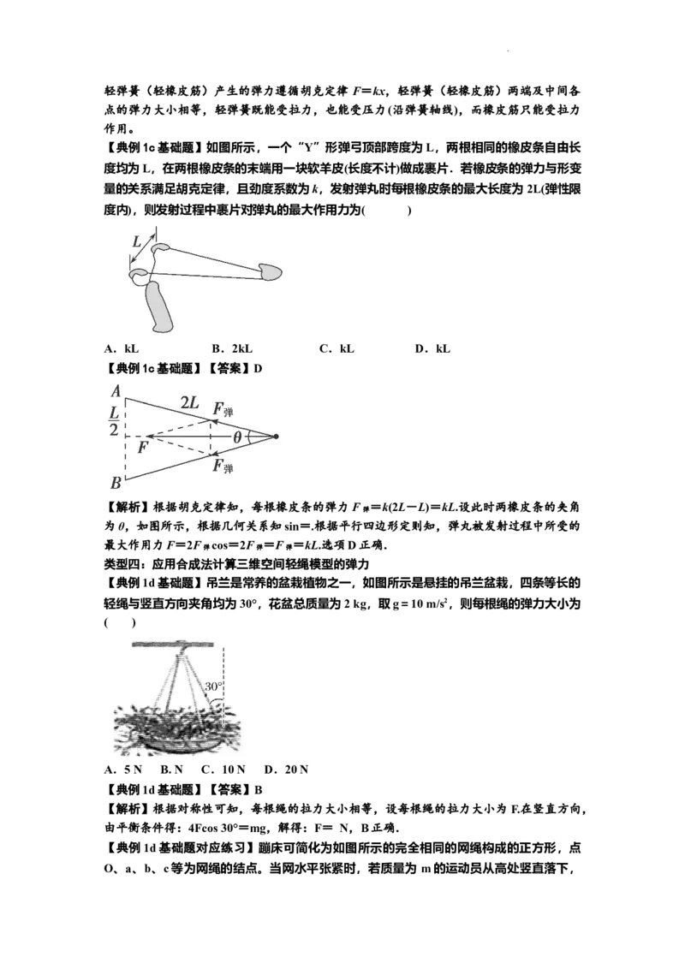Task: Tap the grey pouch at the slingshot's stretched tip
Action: [271, 271]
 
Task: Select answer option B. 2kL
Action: [232, 348]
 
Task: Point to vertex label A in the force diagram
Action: [116, 391]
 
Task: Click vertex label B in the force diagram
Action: [116, 483]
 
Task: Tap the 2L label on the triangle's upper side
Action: [189, 403]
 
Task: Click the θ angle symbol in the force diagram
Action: [237, 437]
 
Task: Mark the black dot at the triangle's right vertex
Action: [276, 437]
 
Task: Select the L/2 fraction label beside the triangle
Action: [115, 420]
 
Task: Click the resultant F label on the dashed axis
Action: [143, 448]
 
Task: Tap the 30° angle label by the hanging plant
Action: [213, 686]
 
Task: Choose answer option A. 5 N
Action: [123, 770]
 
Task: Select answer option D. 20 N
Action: [286, 770]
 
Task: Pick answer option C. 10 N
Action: [223, 770]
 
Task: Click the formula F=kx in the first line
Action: [370, 92]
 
